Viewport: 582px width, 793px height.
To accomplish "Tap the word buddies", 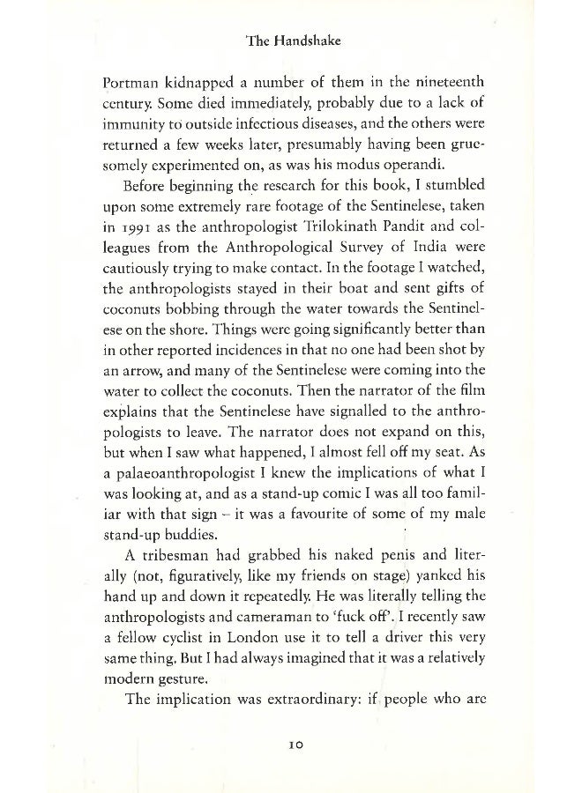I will click(215, 565).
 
